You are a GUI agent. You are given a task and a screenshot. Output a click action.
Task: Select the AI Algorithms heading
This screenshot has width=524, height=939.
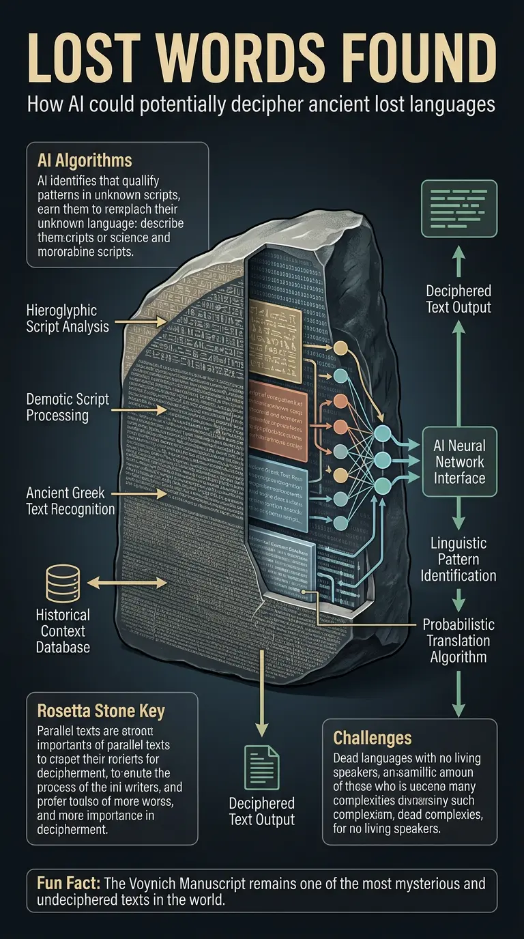click(x=85, y=161)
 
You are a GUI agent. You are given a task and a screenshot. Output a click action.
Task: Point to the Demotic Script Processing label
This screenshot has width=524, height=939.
click(x=68, y=407)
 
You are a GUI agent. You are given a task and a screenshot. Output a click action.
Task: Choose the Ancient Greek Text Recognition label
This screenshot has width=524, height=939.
click(x=70, y=500)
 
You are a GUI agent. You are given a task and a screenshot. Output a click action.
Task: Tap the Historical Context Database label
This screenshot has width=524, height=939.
click(x=63, y=630)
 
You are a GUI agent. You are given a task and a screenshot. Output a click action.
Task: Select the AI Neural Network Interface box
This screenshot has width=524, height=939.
click(x=459, y=462)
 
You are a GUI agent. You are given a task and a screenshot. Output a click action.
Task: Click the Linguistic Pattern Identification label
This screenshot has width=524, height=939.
click(x=458, y=559)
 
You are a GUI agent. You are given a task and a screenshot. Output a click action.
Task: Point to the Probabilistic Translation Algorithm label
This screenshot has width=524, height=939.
click(x=458, y=641)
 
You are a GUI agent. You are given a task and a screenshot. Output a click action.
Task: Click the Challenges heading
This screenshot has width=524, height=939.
click(x=373, y=738)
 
